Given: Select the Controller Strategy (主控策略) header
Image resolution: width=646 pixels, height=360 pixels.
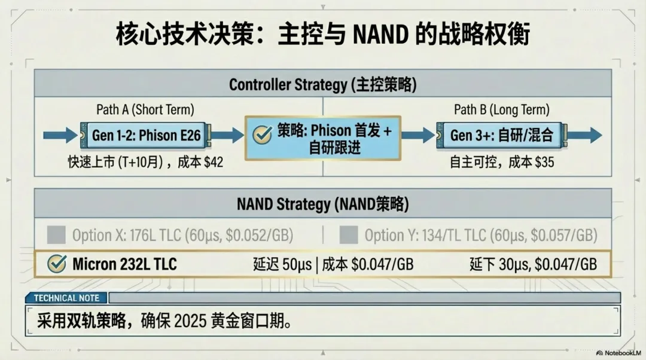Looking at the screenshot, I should [x=323, y=84].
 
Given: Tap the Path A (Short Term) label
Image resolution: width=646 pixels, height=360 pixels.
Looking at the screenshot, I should [x=145, y=110].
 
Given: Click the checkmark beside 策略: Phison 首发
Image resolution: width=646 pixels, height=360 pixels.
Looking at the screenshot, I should [x=262, y=135].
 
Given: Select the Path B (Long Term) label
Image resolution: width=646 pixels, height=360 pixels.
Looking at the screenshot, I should [x=501, y=110].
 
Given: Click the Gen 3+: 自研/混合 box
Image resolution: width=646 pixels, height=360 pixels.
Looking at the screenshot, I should [x=501, y=135].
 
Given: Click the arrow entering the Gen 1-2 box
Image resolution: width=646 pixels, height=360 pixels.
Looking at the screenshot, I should [x=61, y=135].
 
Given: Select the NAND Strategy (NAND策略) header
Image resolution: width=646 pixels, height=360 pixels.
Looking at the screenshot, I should [x=323, y=205].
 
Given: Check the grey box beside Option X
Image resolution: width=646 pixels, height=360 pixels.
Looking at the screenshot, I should [x=56, y=235].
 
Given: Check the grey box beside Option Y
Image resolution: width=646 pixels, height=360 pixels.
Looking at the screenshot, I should [x=349, y=235].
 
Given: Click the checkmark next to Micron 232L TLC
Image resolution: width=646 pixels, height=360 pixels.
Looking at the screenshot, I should [x=56, y=264].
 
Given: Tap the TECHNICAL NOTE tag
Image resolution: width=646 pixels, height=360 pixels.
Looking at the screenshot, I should [x=66, y=298].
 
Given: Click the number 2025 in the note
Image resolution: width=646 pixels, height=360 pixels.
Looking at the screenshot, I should [x=190, y=322].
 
